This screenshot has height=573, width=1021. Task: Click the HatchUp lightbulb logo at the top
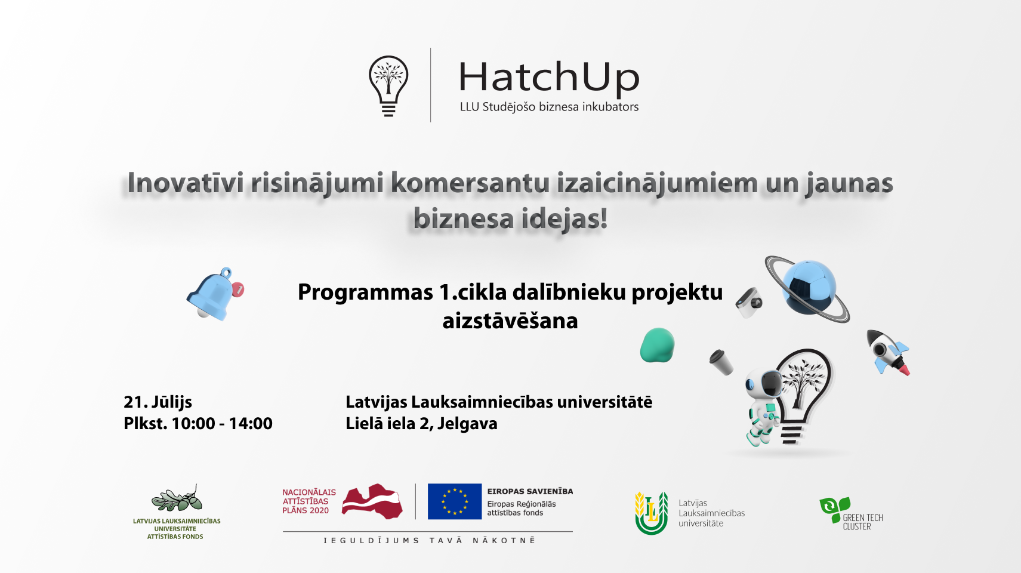coord(388,86)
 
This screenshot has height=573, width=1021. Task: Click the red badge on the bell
coord(238,289)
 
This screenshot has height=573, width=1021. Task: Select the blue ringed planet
coord(808,288)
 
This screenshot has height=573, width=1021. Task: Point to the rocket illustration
coord(887,352)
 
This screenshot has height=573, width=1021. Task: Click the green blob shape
coord(657,345)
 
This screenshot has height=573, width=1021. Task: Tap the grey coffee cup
coord(721,362)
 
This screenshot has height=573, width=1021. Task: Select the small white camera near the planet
coord(749,302)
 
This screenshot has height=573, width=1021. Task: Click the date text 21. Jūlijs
coord(158,402)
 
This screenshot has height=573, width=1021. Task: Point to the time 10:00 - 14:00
coord(222,423)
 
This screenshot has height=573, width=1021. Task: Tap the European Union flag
coord(455,501)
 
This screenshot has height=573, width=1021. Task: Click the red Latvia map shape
coord(372,501)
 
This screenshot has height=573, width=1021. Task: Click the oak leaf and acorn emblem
coord(177,499)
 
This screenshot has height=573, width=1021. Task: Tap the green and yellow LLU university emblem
coord(652,513)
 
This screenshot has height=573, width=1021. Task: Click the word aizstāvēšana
coord(510,321)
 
